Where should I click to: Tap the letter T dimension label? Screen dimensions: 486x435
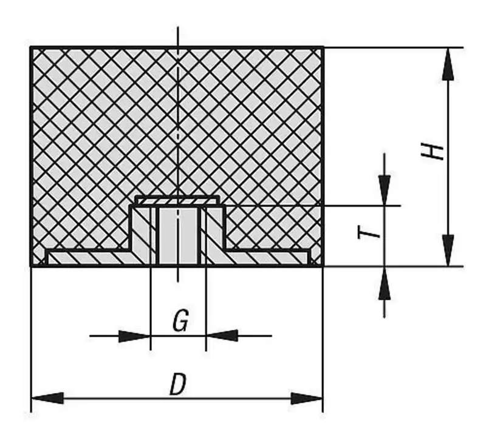[x=368, y=232]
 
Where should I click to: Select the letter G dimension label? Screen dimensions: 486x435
[x=180, y=321]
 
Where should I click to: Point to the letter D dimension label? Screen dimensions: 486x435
[x=178, y=384]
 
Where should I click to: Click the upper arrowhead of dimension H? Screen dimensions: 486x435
[x=448, y=64]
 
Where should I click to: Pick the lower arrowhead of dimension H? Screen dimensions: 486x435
[x=448, y=250]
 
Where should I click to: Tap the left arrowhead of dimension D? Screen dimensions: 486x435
[x=47, y=398]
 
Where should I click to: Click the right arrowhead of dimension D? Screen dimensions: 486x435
[x=307, y=398]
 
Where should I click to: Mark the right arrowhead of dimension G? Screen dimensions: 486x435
[x=222, y=336]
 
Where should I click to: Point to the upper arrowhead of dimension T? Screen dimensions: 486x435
[x=385, y=190]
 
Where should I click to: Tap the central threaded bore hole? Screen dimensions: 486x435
[x=178, y=236]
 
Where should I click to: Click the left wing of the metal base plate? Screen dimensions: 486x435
[x=91, y=258]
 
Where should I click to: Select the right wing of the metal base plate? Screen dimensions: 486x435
[x=266, y=258]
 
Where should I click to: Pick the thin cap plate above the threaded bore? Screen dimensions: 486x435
[x=177, y=200]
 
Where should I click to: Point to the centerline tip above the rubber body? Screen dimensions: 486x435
[x=177, y=27]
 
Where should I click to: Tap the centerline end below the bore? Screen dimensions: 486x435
[x=177, y=282]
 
